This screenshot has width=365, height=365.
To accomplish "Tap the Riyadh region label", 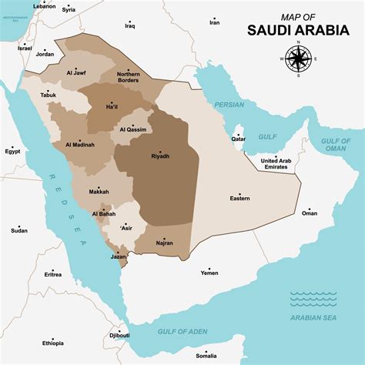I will tap(160, 156).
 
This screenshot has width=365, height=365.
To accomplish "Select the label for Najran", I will tap(163, 243).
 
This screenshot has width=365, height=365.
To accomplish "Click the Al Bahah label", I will tap(104, 213).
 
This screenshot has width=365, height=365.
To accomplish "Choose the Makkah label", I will tap(99, 191).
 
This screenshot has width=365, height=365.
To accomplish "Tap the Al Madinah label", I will tap(80, 144).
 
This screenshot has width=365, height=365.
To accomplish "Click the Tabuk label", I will tap(49, 94).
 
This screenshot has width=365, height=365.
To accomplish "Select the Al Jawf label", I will tap(75, 73).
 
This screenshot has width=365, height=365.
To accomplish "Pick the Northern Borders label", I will tap(129, 77).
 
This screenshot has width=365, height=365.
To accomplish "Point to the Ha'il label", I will tap(112, 106).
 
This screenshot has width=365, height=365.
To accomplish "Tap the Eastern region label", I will tap(239, 199).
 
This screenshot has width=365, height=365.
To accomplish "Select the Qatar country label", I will tap(239, 139).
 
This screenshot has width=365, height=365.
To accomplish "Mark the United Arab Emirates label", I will tap(276, 163).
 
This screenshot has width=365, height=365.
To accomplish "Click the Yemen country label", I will tap(209, 273).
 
